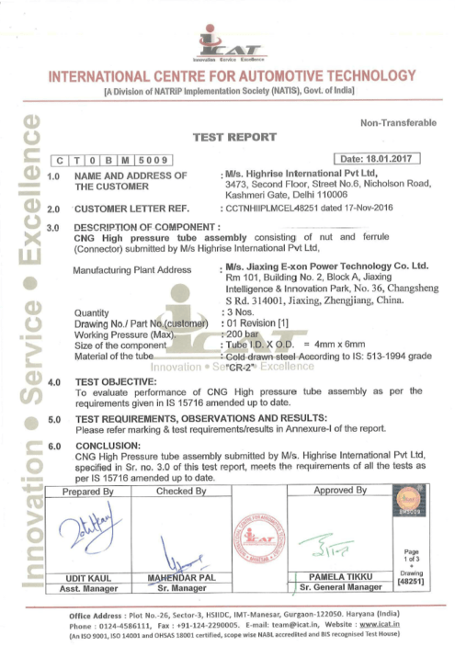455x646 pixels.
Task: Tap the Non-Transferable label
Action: pos(398,123)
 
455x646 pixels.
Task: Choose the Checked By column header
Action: pos(180,491)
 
